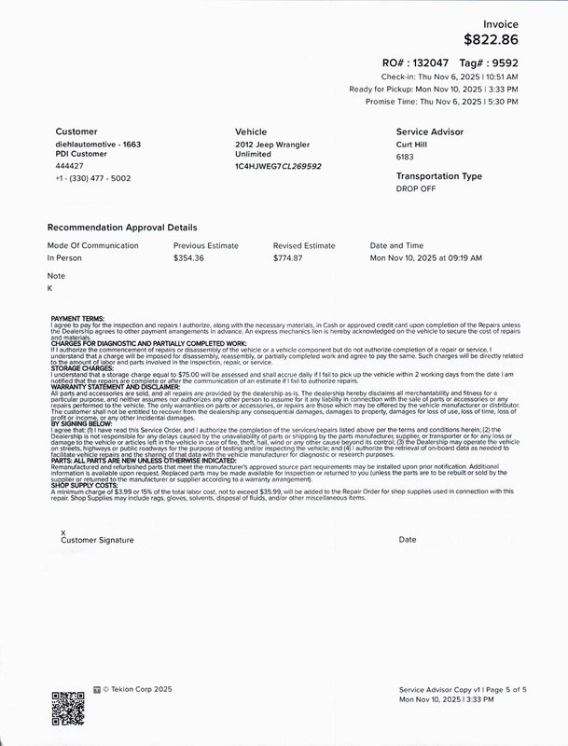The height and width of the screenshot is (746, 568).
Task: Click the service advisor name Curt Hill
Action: pos(416,145)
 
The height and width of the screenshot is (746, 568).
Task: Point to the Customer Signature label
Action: pos(97,540)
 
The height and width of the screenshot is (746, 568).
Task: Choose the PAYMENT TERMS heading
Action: pos(78,318)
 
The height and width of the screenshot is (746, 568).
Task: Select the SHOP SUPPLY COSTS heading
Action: pos(85,488)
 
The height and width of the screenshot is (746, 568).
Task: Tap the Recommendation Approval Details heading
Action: pos(122,227)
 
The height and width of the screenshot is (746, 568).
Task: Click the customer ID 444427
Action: pos(70,166)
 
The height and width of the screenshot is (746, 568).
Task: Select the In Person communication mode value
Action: pos(66,257)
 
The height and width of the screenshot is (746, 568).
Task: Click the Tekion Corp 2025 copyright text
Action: pos(133,691)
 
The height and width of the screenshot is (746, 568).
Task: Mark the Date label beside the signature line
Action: pos(408,540)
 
